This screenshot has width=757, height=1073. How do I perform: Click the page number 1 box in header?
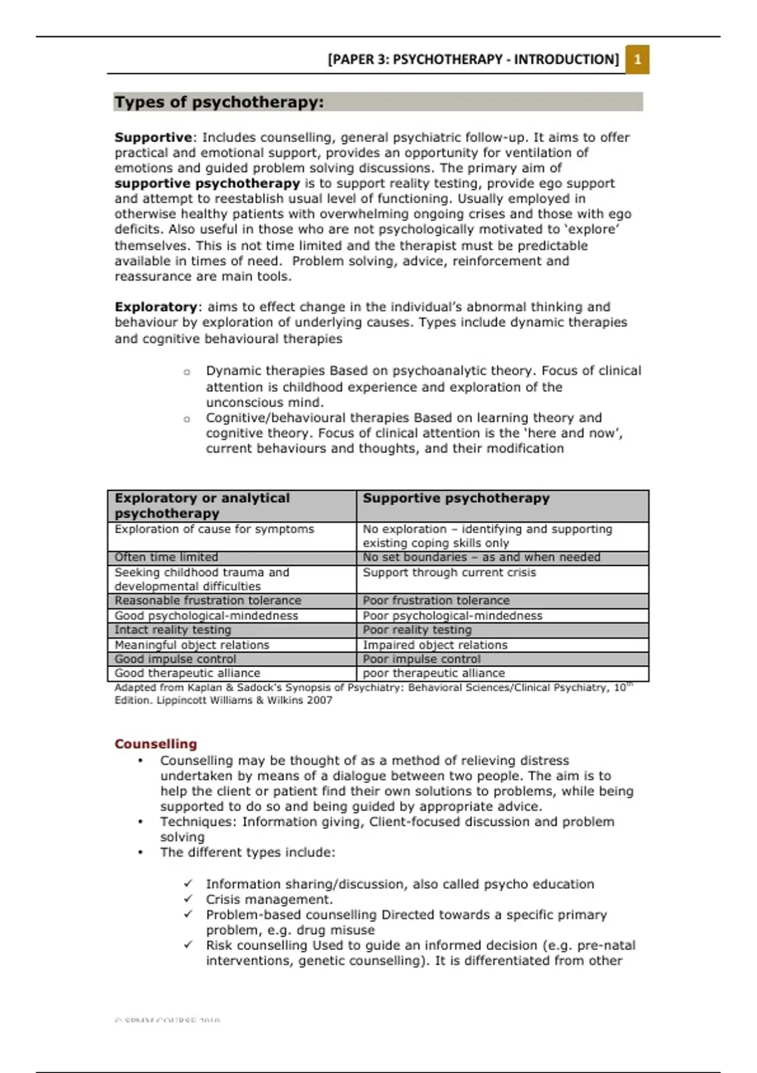(x=637, y=60)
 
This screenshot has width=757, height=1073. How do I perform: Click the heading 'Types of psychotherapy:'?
(x=219, y=102)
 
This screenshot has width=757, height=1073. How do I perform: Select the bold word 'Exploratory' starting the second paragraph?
(x=156, y=307)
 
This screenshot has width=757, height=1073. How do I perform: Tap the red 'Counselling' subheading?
(x=156, y=744)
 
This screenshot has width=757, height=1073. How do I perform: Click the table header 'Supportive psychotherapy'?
(x=456, y=499)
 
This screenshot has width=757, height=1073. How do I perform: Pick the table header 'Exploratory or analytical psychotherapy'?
(x=202, y=506)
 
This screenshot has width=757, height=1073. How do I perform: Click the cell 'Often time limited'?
(x=167, y=557)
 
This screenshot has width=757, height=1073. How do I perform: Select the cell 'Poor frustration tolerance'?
(x=436, y=600)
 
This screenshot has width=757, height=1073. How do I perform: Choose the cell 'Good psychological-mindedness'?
(x=206, y=615)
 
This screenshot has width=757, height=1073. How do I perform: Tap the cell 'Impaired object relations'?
(x=435, y=645)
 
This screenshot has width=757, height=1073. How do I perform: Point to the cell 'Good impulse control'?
(x=175, y=659)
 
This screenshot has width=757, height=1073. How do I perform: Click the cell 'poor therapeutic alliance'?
(x=433, y=673)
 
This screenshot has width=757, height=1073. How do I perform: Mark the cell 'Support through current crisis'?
(x=449, y=572)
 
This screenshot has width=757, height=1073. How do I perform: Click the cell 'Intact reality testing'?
(x=173, y=630)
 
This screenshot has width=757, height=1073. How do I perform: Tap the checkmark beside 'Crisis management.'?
(x=188, y=899)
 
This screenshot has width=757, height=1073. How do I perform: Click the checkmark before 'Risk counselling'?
(x=188, y=945)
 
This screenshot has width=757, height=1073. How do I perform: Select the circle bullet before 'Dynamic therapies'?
(x=187, y=372)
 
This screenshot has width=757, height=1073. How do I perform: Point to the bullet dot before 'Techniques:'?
(x=141, y=822)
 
